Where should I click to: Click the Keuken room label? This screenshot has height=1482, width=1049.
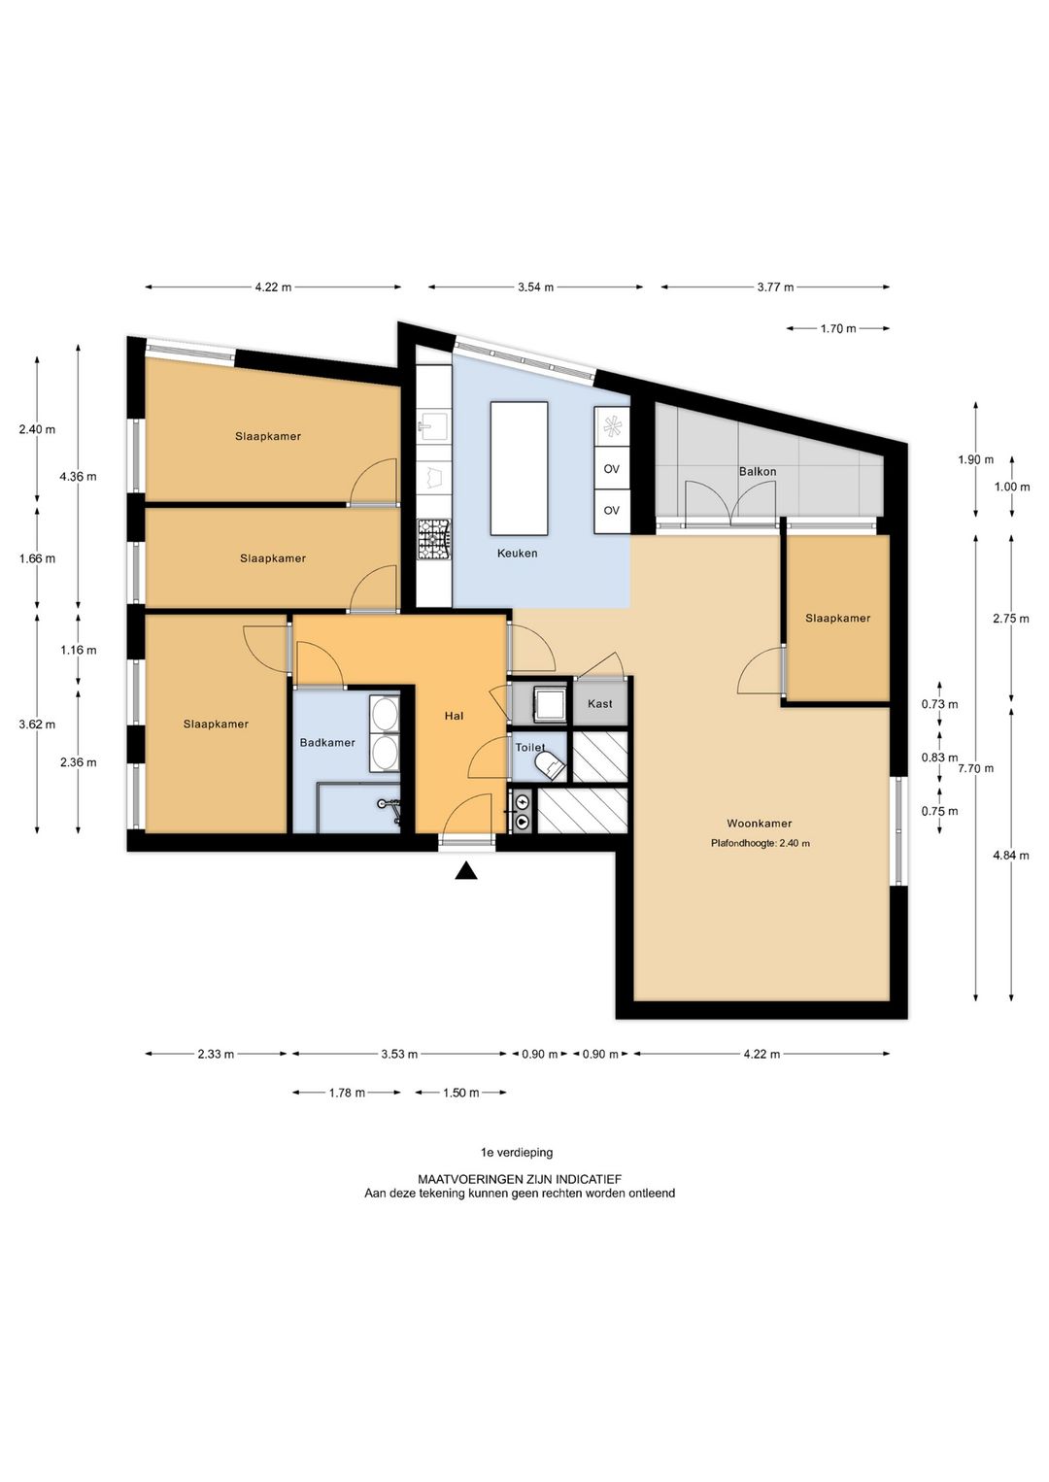click(x=517, y=554)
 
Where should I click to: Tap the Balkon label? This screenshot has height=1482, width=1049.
click(x=758, y=472)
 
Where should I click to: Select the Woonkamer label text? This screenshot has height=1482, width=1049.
click(x=760, y=823)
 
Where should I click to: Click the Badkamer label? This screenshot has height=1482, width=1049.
click(x=327, y=742)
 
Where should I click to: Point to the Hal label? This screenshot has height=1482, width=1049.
click(x=454, y=715)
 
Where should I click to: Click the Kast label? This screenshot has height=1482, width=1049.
click(x=599, y=703)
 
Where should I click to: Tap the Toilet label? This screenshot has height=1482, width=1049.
click(x=530, y=748)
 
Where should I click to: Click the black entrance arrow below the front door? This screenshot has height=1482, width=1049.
click(x=466, y=871)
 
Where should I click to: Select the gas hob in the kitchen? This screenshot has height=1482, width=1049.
click(x=434, y=538)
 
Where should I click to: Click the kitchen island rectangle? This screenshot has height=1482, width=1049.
click(x=519, y=468)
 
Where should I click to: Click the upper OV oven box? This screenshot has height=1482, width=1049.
click(x=612, y=468)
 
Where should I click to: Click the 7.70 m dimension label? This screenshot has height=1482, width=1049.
click(x=975, y=768)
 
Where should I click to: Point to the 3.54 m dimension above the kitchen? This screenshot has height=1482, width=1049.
click(x=535, y=287)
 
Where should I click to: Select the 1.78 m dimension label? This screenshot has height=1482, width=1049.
click(x=347, y=1093)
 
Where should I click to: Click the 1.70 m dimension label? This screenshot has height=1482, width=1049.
click(x=838, y=328)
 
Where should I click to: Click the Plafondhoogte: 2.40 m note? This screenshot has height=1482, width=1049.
click(x=761, y=843)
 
